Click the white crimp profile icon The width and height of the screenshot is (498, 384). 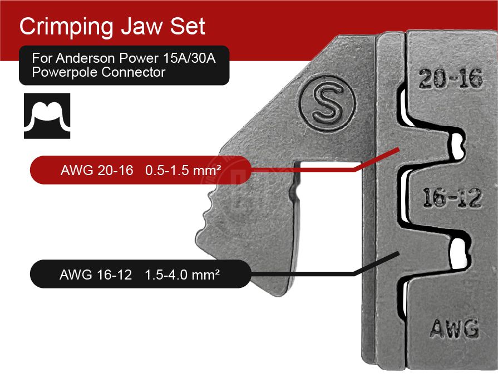point(47,116)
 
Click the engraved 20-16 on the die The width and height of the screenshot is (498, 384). point(450,80)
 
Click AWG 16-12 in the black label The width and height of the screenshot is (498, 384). point(96,275)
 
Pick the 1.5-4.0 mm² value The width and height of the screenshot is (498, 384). point(181,275)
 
